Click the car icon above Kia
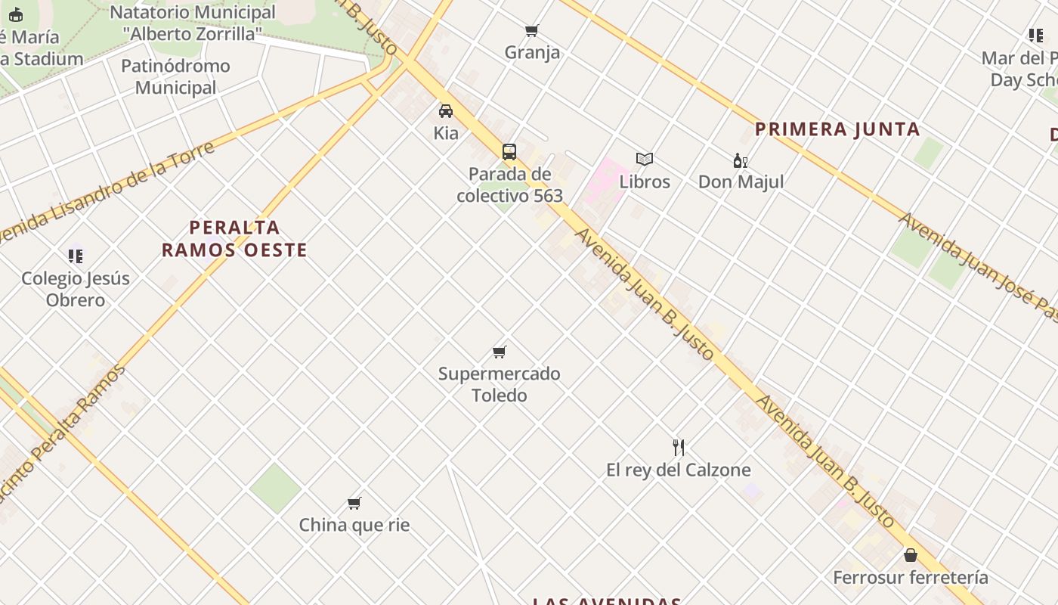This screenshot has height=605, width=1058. tap(446, 111)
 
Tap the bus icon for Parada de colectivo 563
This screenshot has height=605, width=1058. tap(509, 152)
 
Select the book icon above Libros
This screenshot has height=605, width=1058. tap(645, 160)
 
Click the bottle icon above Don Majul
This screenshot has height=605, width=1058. tap(741, 160)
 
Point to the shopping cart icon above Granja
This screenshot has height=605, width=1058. tap(532, 31)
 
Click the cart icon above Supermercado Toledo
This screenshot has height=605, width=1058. tap(500, 352)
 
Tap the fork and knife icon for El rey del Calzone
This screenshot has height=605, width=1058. tap(679, 448)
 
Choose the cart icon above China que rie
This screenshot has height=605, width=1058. tap(354, 503)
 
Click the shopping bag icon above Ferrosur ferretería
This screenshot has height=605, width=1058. tap(911, 556)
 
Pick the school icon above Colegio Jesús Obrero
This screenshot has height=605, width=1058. tap(76, 256)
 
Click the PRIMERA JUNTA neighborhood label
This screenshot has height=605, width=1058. tap(837, 129)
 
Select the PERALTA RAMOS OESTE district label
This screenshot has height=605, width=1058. tap(234, 238)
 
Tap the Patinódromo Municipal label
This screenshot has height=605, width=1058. tap(175, 76)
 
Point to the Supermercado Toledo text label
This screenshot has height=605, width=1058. tap(500, 384)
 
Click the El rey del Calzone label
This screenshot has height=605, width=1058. tap(679, 470)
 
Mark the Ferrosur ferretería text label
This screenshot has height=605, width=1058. tap(911, 578)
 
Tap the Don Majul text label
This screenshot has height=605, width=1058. tap(741, 182)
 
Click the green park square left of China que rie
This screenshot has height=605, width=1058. tap(276, 488)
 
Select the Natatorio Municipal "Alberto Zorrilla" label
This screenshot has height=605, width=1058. tap(193, 23)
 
